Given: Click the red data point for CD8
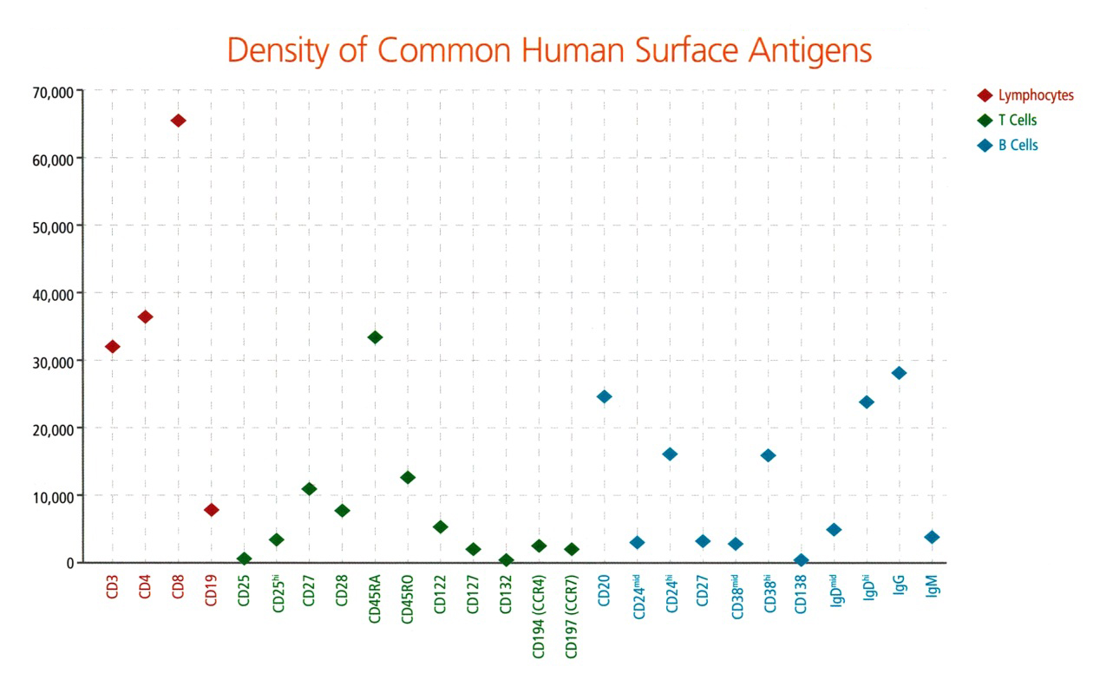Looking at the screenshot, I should tap(178, 121).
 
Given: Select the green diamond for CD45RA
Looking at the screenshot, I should tap(375, 337).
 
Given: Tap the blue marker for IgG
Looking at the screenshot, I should tap(899, 373).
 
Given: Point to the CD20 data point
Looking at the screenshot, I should tap(604, 396).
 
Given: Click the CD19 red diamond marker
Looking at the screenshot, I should tap(211, 510).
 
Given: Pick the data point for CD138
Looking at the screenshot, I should tap(801, 560).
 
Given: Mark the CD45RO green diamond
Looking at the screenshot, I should tap(408, 477).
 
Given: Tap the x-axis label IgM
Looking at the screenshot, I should tap(932, 593).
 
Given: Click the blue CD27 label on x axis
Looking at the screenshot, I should tap(703, 594).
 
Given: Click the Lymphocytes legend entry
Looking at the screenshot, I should tap(1035, 95).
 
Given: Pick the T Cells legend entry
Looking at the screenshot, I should tap(1017, 121).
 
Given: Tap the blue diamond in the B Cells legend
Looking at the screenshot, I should tap(985, 146).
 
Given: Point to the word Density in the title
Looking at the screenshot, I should tap(279, 51).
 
